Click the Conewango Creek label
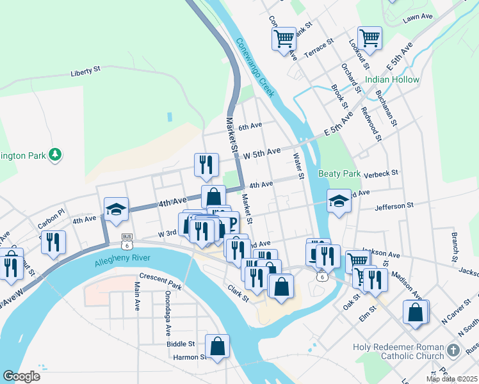[256, 68]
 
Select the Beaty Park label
[339, 173]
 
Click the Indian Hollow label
[393, 80]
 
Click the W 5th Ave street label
[259, 152]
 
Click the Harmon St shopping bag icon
[218, 346]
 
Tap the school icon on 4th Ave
[117, 209]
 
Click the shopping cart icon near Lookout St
[370, 38]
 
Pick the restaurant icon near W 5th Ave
[205, 165]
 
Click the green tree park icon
[56, 155]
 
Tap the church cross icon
[453, 351]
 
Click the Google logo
[21, 376]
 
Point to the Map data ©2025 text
[451, 379]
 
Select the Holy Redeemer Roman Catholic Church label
[398, 351]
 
